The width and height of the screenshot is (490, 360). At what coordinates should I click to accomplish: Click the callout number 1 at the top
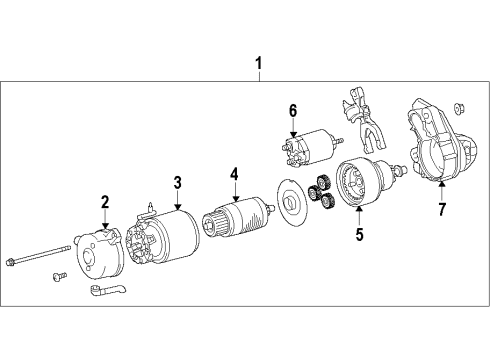(258, 68)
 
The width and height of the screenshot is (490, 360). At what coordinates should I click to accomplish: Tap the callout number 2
(103, 204)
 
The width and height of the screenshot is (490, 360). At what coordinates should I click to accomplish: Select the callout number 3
(176, 182)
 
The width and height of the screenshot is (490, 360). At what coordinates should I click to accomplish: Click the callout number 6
(293, 111)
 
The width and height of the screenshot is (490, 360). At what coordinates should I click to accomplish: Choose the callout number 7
(441, 209)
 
